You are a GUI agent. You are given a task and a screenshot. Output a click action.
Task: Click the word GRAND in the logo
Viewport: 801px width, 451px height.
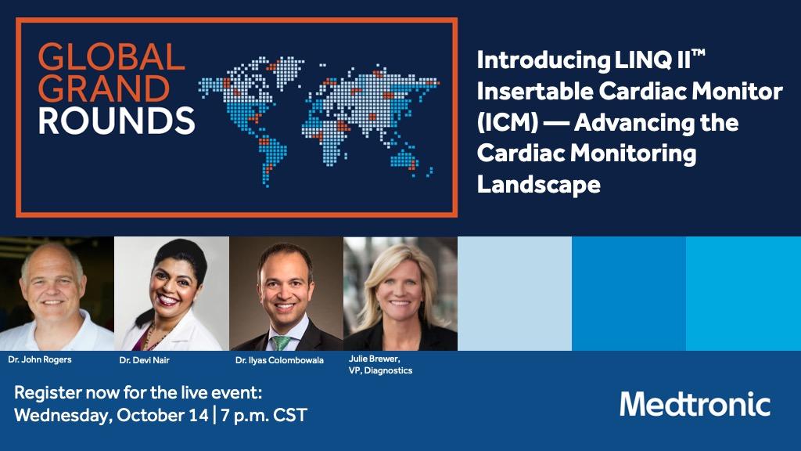(x=104, y=89)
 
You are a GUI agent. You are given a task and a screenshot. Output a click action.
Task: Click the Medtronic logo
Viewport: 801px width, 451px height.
(x=695, y=404)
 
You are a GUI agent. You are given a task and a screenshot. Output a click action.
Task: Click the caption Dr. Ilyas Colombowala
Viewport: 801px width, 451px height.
(x=279, y=360)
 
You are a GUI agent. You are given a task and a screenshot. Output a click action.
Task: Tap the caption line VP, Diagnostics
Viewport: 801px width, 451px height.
(x=380, y=370)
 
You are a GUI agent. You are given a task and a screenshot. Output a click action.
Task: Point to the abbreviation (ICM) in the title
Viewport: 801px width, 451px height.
(x=505, y=123)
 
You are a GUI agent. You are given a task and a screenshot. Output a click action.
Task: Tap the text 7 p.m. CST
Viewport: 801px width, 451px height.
(x=264, y=414)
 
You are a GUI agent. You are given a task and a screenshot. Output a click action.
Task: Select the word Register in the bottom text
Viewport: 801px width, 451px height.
(x=47, y=393)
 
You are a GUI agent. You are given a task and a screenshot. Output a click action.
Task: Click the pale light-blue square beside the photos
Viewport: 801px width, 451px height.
(x=514, y=294)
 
